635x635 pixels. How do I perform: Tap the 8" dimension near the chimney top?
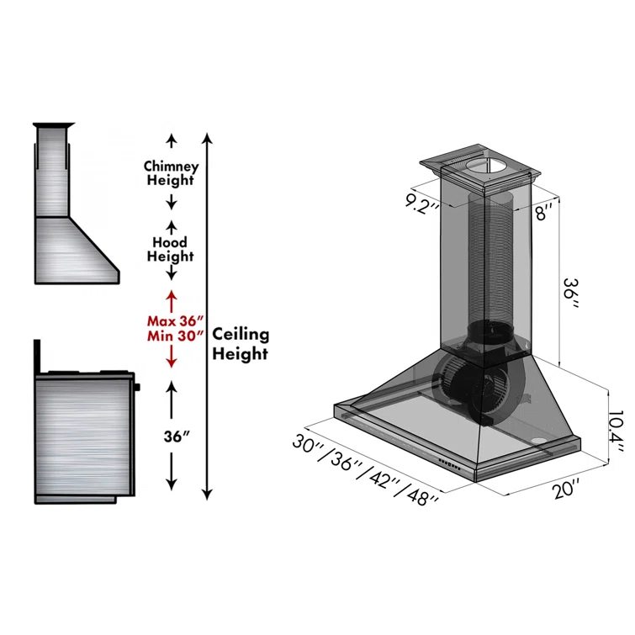coord(544,211)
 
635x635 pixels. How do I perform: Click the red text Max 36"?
coord(176,320)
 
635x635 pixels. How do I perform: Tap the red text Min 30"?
coord(176,336)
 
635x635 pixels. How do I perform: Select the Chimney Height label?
coord(171,173)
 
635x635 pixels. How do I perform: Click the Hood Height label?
coord(170,249)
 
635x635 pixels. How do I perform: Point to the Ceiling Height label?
coord(241,343)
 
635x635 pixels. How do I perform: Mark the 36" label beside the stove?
coord(175,437)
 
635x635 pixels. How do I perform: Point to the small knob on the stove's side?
coord(137,387)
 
